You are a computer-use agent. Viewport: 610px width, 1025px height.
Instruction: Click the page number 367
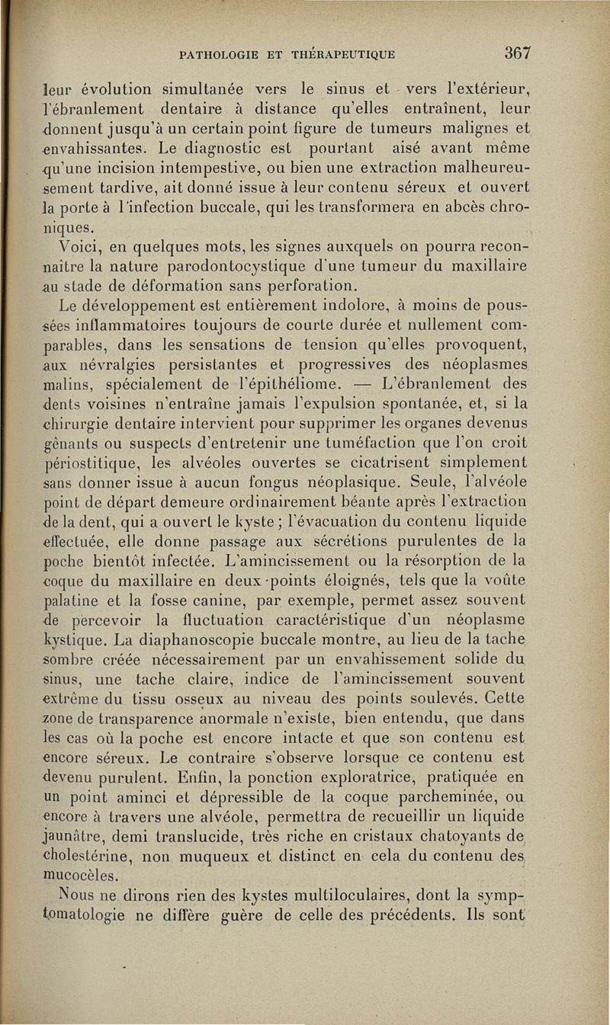tap(516, 53)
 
